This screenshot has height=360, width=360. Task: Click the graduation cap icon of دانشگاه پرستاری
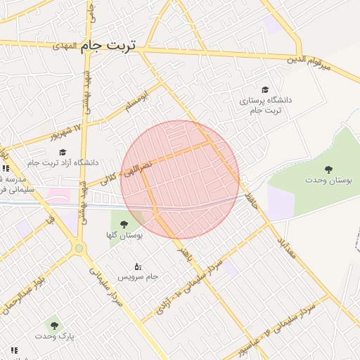265,89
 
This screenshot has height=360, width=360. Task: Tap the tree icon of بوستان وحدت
328,169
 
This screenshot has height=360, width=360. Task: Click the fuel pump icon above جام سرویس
137,266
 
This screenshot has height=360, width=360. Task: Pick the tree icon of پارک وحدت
54,325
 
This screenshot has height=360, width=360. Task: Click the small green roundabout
79,247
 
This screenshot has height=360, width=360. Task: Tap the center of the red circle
180,179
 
